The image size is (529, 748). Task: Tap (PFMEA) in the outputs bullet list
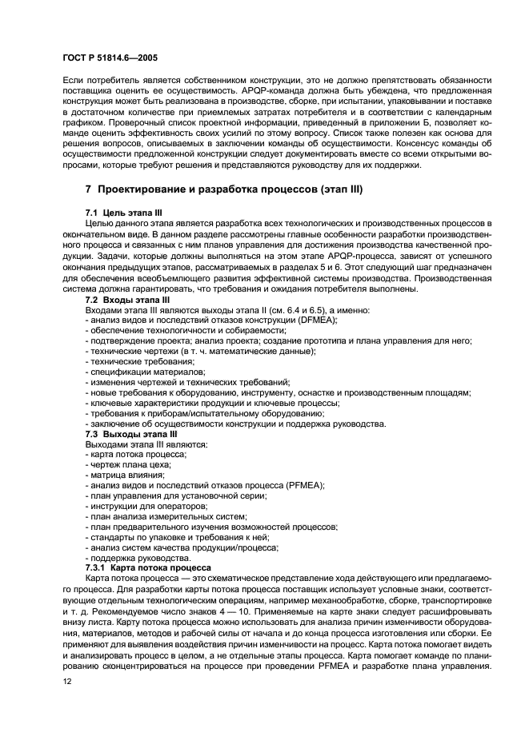point(303,484)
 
